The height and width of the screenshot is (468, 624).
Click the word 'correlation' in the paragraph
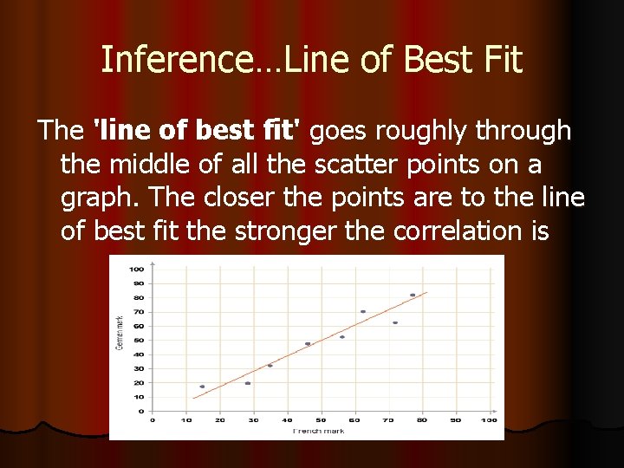click(x=468, y=232)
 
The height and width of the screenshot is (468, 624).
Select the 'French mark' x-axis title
click(x=319, y=431)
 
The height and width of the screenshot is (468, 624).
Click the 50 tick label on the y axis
click(x=140, y=340)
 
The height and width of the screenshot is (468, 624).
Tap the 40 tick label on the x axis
click(x=287, y=420)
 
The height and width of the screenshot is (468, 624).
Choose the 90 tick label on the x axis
click(x=456, y=420)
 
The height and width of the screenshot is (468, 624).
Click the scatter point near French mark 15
click(x=203, y=387)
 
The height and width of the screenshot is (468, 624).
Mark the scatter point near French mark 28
click(x=248, y=383)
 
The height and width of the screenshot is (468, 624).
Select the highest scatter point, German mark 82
click(x=413, y=295)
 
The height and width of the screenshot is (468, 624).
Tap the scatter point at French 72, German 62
click(x=395, y=322)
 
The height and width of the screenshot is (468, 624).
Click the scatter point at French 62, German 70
click(x=363, y=311)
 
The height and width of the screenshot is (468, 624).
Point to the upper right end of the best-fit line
click(x=427, y=293)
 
